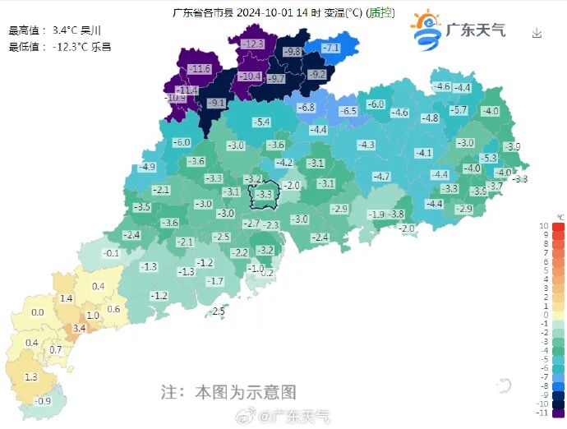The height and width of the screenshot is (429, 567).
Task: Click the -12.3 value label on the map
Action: click(x=253, y=44)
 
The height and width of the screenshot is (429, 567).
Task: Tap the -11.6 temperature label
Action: click(x=200, y=68)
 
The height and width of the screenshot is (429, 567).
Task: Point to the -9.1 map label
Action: click(x=216, y=103)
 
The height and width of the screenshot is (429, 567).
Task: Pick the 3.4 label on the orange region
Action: click(x=79, y=328)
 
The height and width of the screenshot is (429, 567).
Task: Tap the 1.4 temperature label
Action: click(x=67, y=298)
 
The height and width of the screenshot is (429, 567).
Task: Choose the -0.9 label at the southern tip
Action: click(x=44, y=401)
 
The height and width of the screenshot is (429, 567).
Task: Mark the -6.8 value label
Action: click(x=306, y=108)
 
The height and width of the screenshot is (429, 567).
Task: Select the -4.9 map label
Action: click(x=147, y=167)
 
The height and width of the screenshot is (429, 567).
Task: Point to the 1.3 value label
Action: click(x=31, y=376)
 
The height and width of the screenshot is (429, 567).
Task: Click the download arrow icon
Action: click(x=537, y=33)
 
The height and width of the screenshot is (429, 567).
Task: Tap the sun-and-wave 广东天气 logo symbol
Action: click(x=425, y=30)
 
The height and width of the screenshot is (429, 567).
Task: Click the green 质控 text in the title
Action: click(x=381, y=12)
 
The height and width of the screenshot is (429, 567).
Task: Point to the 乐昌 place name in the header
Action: click(x=101, y=47)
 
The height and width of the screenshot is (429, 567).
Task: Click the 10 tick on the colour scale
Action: click(x=543, y=225)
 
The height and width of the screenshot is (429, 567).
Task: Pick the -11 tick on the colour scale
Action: click(x=543, y=413)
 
